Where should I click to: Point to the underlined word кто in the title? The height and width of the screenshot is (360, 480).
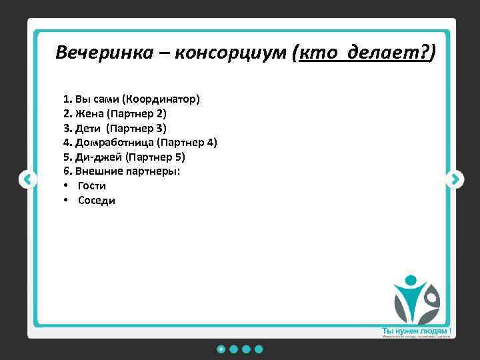(321, 53)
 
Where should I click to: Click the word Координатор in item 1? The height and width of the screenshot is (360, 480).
(161, 99)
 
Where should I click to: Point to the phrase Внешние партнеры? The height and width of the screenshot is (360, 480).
(128, 171)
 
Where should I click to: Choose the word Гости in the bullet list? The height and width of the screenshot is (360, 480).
(92, 186)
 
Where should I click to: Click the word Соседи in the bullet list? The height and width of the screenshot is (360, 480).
(97, 201)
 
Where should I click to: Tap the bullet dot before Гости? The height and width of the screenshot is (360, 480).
(67, 186)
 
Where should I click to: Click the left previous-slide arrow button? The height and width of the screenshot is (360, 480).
(27, 179)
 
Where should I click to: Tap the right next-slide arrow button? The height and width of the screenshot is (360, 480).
(455, 179)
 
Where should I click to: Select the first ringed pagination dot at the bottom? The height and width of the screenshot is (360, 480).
(221, 349)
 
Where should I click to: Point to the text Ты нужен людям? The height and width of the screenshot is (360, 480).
(414, 331)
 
